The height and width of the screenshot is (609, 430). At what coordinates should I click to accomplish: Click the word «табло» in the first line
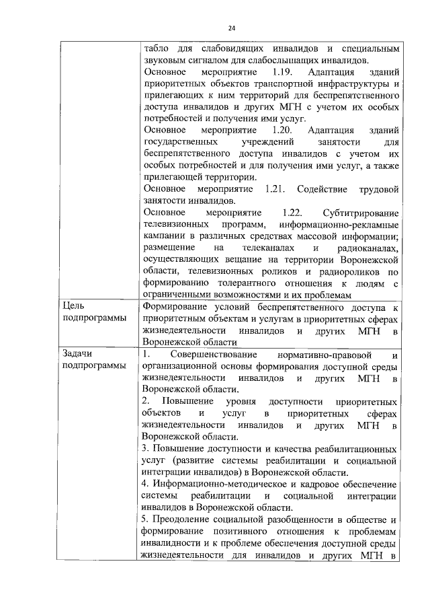(155, 49)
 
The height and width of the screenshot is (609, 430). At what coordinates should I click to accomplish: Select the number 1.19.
(275, 71)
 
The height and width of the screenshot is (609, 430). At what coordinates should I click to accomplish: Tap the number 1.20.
(275, 129)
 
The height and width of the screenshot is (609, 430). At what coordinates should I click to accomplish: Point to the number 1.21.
(278, 188)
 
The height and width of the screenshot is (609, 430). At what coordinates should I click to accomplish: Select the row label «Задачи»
(79, 354)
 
